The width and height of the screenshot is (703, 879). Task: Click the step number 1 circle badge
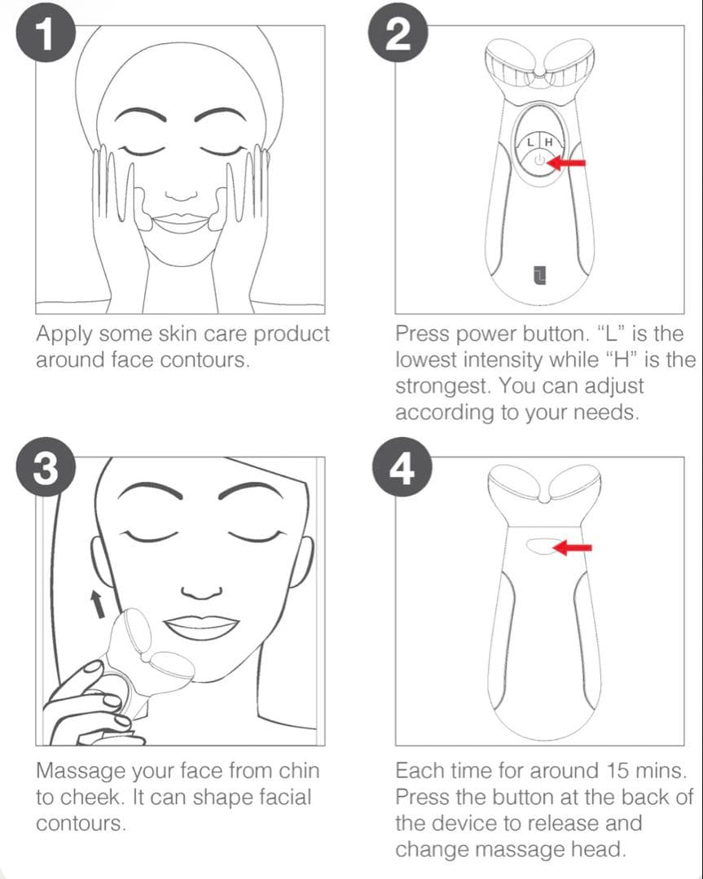(x=46, y=37)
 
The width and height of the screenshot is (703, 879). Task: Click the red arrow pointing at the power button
(x=567, y=163)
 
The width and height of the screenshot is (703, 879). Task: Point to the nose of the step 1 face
(x=181, y=194)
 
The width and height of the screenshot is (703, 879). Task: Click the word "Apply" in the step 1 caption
(x=64, y=335)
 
